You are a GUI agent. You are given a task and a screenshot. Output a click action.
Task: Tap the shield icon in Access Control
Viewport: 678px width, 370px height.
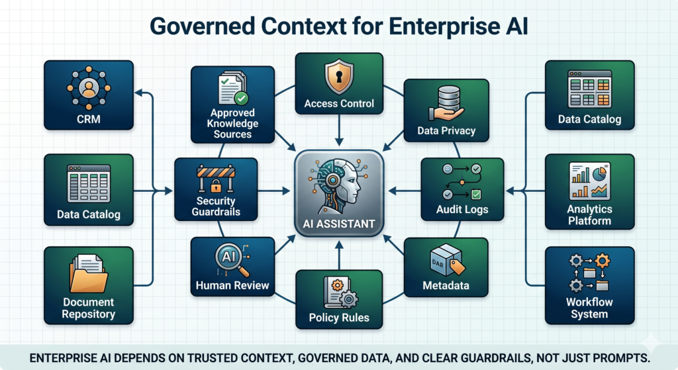(x=339, y=77)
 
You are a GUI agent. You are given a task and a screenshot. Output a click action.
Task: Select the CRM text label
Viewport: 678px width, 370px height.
(x=89, y=119)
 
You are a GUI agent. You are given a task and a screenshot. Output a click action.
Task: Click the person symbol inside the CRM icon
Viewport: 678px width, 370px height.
(x=89, y=88)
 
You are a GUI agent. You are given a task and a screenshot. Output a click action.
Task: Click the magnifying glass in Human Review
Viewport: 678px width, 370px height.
(x=232, y=259)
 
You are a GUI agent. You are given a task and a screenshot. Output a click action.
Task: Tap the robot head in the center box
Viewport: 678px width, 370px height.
(x=340, y=186)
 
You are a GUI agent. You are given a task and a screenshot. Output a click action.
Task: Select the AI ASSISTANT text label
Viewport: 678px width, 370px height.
(x=338, y=224)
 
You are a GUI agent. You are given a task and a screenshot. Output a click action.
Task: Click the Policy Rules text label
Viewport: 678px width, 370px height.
(x=339, y=318)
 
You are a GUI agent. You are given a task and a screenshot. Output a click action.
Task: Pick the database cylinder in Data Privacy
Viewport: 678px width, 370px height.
(x=449, y=98)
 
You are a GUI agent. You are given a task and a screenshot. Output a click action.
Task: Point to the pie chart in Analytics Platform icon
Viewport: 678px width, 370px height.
(x=599, y=175)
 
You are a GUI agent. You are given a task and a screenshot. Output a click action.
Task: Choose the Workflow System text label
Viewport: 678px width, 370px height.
(x=589, y=308)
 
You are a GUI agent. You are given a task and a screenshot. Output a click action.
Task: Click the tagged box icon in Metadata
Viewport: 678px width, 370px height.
(x=448, y=260)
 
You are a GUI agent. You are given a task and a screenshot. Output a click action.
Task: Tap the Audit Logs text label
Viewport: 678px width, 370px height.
(x=462, y=210)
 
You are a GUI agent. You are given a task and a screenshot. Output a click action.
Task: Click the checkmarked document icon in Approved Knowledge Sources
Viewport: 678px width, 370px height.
(x=233, y=88)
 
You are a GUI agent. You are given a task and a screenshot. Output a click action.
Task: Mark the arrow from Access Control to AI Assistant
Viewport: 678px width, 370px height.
(x=339, y=130)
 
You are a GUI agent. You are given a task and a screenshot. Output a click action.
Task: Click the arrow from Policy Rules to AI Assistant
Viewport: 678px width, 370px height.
(x=339, y=255)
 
